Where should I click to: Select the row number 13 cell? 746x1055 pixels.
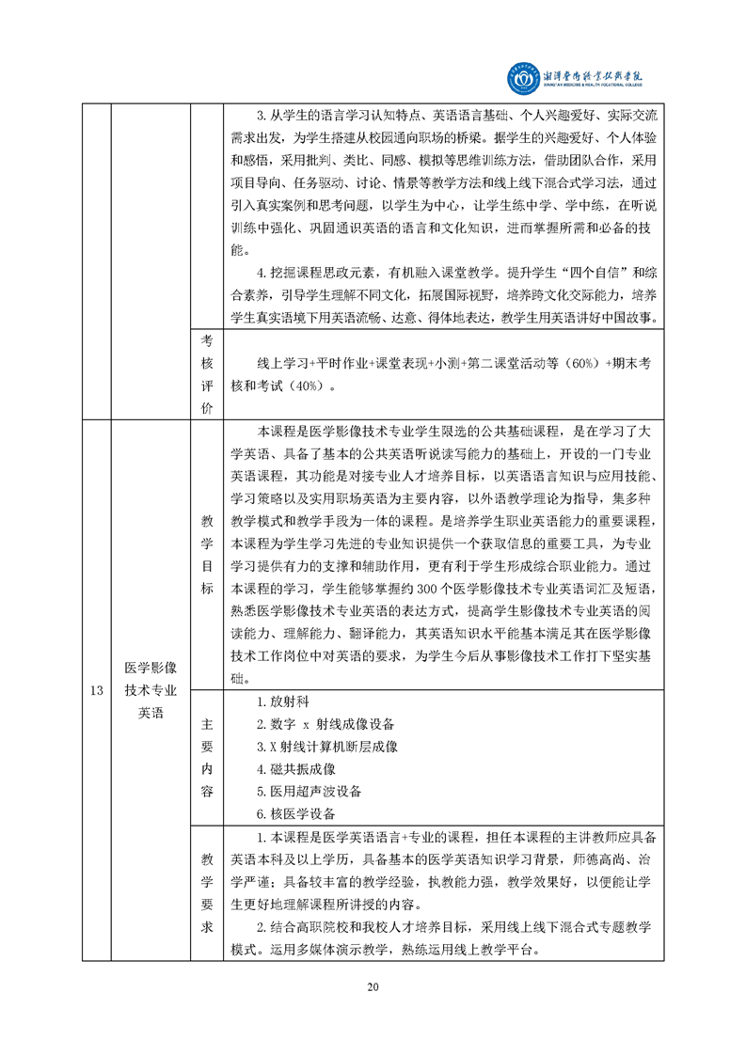coord(96,690)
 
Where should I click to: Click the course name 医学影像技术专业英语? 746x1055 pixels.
coord(151,690)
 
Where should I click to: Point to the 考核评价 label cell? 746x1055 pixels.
coord(206,373)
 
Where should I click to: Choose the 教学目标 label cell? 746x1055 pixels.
coord(206,554)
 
